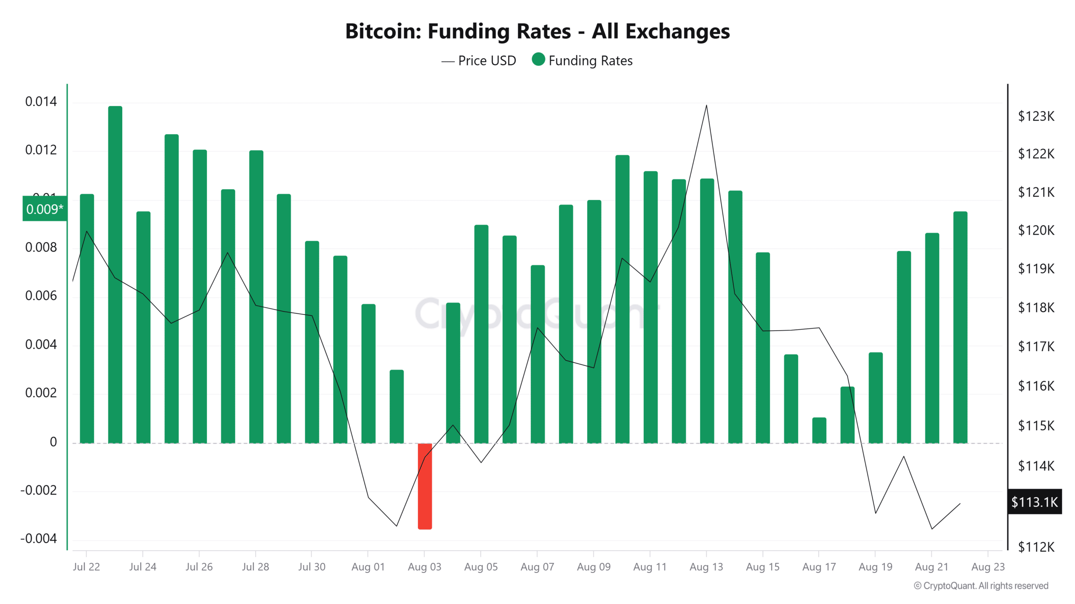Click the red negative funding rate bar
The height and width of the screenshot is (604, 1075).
[425, 486]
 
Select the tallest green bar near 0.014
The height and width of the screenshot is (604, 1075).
[115, 275]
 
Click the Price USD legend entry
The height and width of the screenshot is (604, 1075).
[479, 61]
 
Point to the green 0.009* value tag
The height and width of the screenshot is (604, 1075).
[45, 209]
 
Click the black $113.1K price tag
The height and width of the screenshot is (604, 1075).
[1034, 502]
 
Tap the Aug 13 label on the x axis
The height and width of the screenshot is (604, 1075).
[706, 567]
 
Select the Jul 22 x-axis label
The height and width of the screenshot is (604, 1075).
[86, 567]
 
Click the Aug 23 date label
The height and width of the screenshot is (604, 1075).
[988, 567]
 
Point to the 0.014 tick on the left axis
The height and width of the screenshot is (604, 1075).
[41, 102]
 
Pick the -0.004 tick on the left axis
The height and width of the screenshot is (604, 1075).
[39, 539]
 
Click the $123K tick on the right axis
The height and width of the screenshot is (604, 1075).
[1036, 116]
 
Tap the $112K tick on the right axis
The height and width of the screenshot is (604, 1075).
[1036, 547]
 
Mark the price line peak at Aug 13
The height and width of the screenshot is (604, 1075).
[706, 105]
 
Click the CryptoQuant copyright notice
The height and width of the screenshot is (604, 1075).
[981, 586]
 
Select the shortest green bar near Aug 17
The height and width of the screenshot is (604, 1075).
[819, 430]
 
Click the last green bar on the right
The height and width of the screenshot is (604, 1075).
[960, 327]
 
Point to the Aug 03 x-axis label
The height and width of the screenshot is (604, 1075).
[425, 567]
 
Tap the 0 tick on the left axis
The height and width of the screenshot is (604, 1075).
[53, 442]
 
